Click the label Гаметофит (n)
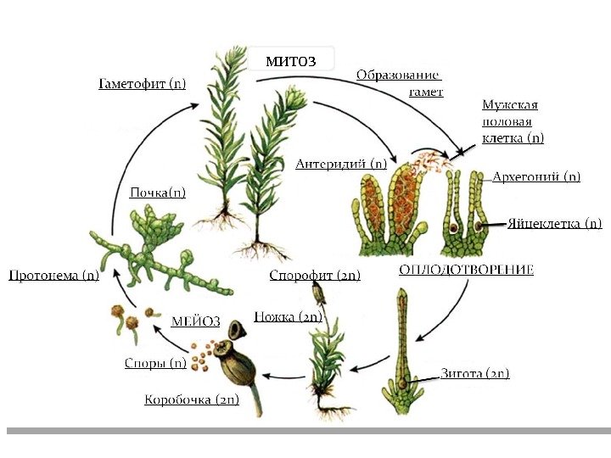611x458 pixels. point(142,83)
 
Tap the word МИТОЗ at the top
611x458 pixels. point(290,60)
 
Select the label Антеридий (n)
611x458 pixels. point(341,163)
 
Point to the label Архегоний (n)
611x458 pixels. point(536,177)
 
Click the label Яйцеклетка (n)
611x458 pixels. point(555,224)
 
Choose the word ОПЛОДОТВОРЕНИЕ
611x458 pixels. point(466,270)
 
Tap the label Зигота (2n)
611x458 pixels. point(475,373)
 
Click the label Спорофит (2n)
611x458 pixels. point(315,275)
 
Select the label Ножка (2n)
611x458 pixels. point(287,317)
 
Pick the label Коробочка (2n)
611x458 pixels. point(192,399)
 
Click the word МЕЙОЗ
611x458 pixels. point(196,321)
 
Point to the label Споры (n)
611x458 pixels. point(155,363)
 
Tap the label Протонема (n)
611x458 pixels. point(53,275)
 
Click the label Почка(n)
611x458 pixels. point(158,193)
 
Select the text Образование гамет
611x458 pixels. point(400,82)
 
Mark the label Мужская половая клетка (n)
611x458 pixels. point(513,121)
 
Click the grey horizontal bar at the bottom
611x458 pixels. point(305,431)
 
